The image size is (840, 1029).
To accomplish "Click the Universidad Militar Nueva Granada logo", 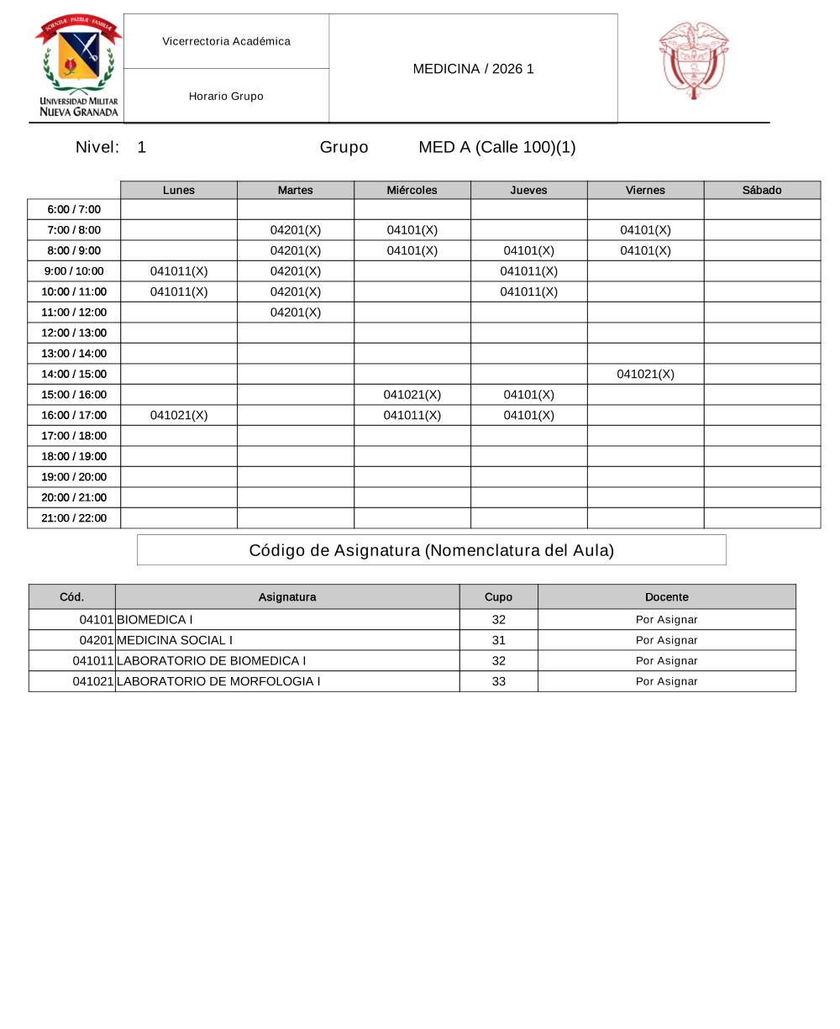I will click(78, 67).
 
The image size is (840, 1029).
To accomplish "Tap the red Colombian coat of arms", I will click(693, 60).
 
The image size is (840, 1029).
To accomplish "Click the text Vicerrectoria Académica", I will click(226, 41).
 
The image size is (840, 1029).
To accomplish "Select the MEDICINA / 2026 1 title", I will click(473, 69).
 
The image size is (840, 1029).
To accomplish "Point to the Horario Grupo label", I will click(226, 97).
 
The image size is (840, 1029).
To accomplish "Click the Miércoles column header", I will click(412, 190).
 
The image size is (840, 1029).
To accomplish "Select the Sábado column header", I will click(762, 190).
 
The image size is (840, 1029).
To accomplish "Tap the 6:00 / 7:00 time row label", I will click(74, 209).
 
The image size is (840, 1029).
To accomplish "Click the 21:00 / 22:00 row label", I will click(74, 518).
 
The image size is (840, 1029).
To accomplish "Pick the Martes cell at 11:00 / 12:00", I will click(296, 312).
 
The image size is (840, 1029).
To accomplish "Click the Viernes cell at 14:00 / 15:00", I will click(645, 375).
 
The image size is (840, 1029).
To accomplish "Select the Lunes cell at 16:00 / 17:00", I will click(179, 415).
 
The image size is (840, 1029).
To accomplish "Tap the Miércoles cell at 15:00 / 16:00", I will click(412, 395).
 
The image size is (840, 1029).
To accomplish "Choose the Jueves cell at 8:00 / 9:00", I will click(528, 250).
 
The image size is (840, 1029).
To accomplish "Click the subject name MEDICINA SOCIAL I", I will click(175, 640).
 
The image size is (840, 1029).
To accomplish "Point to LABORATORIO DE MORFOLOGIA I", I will click(218, 681).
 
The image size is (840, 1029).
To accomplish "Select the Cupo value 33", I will click(499, 681).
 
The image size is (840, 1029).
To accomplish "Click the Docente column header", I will click(666, 597).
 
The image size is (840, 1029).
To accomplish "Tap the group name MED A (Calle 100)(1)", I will click(497, 148).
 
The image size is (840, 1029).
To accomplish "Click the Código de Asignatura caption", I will click(431, 550).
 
